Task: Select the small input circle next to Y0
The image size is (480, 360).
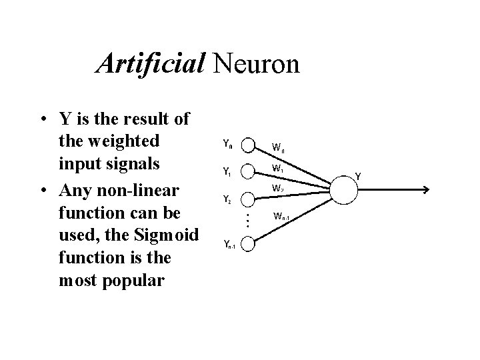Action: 247,145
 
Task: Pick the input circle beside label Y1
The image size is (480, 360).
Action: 247,171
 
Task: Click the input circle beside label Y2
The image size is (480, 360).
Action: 247,199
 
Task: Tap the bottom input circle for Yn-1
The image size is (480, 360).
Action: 247,245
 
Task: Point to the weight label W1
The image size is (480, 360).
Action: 277,169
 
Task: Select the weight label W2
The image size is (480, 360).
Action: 277,189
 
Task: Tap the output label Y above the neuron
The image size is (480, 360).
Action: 358,176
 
